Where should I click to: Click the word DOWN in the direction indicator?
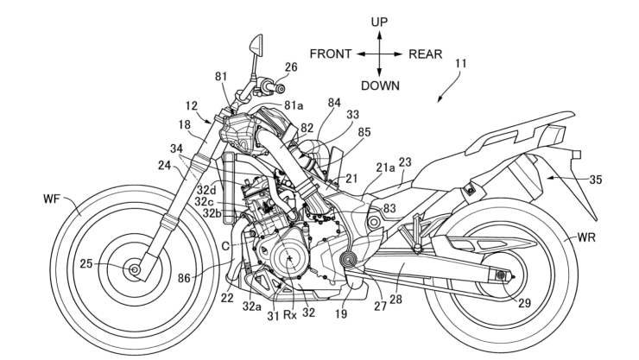click(x=380, y=85)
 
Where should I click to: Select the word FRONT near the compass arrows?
click(x=330, y=54)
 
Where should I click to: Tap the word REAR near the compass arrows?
click(x=425, y=54)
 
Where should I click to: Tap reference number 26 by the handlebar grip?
click(x=291, y=66)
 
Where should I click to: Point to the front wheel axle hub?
click(x=135, y=270)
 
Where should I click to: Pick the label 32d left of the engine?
click(x=206, y=188)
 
